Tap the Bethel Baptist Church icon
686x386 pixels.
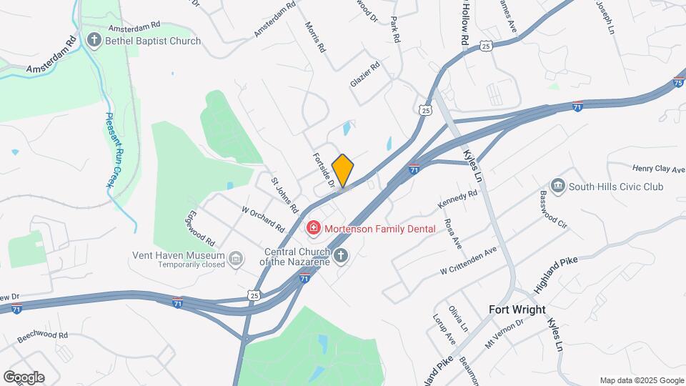(x=94, y=40)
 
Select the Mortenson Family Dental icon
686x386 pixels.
(x=312, y=229)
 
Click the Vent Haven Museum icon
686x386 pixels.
(x=237, y=258)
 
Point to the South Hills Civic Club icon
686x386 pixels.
(x=557, y=186)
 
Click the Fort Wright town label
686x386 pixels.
(x=517, y=310)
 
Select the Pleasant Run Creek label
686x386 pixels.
(x=113, y=150)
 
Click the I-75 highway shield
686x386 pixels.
(x=677, y=83)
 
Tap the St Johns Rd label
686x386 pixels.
(x=284, y=194)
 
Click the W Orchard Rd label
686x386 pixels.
(x=263, y=219)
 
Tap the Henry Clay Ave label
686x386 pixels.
(x=659, y=168)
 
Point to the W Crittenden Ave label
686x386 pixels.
(x=468, y=261)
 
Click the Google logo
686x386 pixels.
(x=24, y=377)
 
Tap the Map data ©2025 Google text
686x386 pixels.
(x=642, y=380)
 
